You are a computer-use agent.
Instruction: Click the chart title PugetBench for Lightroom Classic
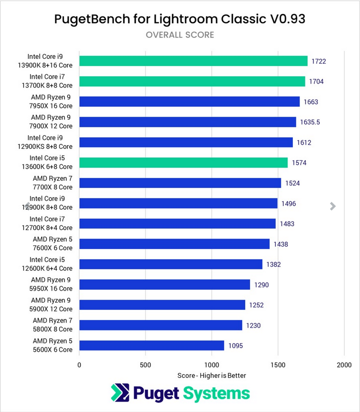pos(180,19)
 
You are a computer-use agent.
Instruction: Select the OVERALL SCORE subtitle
pos(180,35)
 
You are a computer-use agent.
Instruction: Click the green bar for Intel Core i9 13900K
pos(193,61)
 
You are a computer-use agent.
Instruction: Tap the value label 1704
pos(317,82)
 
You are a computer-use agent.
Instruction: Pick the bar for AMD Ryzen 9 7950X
pos(189,102)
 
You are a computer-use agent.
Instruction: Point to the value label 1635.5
pos(310,122)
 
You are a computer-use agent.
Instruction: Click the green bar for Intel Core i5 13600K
pos(183,163)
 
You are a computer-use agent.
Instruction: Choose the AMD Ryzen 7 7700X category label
pos(52,183)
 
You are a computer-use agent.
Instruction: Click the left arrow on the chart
pos(27,206)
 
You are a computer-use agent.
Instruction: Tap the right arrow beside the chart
pos(333,206)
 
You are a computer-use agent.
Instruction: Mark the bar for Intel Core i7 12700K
pos(177,224)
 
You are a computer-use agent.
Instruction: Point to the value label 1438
pos(281,244)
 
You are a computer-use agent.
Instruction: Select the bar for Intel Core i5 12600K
pos(171,264)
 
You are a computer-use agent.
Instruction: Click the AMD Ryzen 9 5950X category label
pos(51,284)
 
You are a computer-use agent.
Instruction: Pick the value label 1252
pos(256,305)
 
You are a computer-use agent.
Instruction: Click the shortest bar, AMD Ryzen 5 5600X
pos(151,346)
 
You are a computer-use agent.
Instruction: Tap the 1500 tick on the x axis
pos(278,364)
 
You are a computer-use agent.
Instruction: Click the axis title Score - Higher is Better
pos(212,375)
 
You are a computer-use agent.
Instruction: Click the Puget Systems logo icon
pos(120,394)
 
